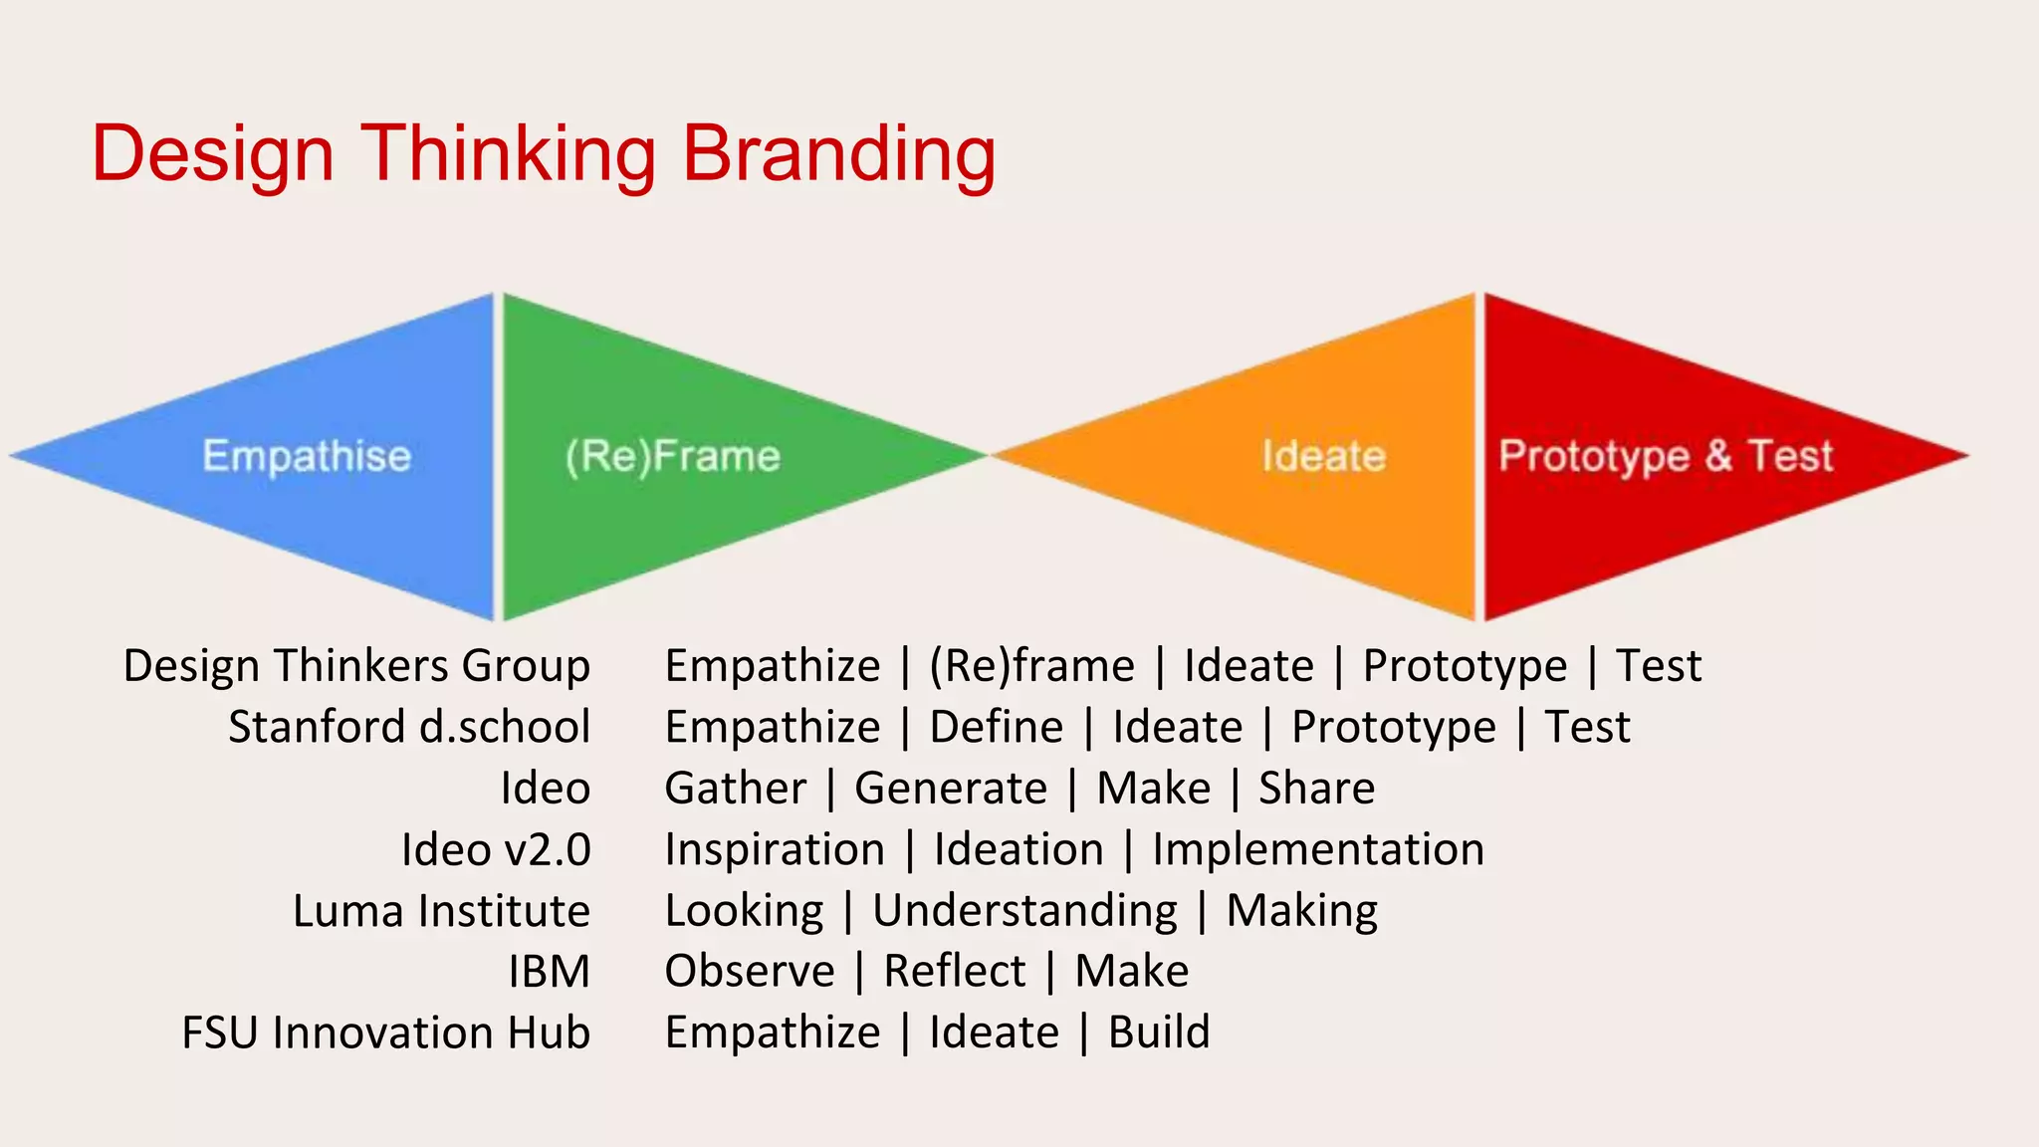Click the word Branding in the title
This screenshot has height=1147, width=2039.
pyautogui.click(x=838, y=154)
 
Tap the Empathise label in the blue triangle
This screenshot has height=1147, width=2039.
pyautogui.click(x=307, y=456)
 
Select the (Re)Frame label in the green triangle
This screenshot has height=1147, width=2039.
pyautogui.click(x=673, y=456)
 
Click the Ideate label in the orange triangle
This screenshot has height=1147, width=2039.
pyautogui.click(x=1324, y=456)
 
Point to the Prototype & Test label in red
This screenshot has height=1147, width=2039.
pyautogui.click(x=1666, y=456)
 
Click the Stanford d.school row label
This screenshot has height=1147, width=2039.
pyautogui.click(x=409, y=727)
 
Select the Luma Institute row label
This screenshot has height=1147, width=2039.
pyautogui.click(x=441, y=911)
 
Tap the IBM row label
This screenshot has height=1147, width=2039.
pyautogui.click(x=549, y=972)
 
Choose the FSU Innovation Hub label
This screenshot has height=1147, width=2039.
pyautogui.click(x=386, y=1032)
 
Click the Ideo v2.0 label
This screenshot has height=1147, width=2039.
pyautogui.click(x=496, y=849)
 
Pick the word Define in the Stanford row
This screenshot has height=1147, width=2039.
pyautogui.click(x=997, y=727)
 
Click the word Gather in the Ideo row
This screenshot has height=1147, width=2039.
pyautogui.click(x=736, y=789)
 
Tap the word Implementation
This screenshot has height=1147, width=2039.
pyautogui.click(x=1318, y=849)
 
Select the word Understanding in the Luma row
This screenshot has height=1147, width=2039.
pyautogui.click(x=1025, y=911)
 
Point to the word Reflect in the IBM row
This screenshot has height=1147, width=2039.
pyautogui.click(x=955, y=972)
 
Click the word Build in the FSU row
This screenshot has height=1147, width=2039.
pyautogui.click(x=1159, y=1032)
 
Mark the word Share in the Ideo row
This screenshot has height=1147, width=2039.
pyautogui.click(x=1316, y=789)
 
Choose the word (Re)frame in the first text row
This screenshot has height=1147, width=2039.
pyautogui.click(x=1031, y=666)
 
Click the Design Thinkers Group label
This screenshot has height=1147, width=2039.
pyautogui.click(x=356, y=666)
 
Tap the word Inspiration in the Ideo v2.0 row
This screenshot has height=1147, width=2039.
pyautogui.click(x=775, y=849)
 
